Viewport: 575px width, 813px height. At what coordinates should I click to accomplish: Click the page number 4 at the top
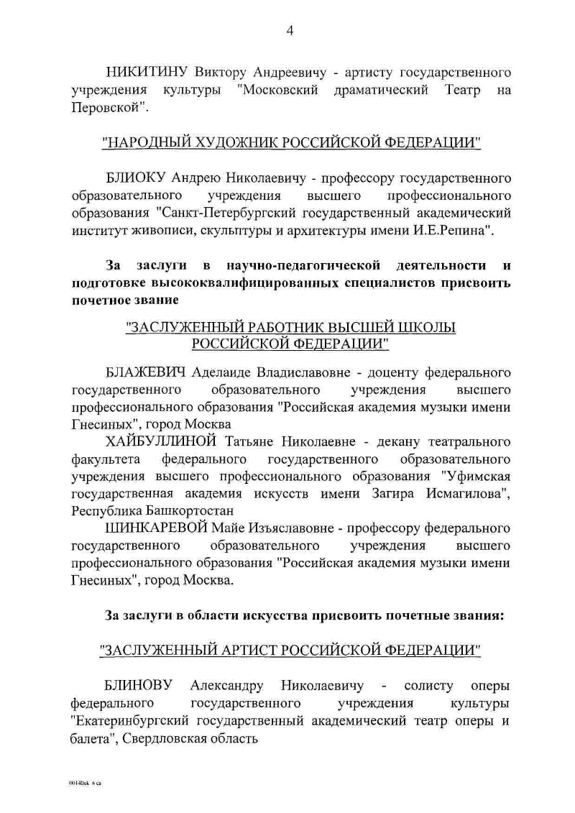click(290, 29)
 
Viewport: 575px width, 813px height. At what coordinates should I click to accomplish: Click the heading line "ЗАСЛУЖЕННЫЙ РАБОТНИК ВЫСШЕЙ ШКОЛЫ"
click(290, 327)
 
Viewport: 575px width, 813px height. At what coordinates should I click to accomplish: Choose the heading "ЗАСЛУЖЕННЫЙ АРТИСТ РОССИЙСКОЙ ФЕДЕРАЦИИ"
click(290, 651)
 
